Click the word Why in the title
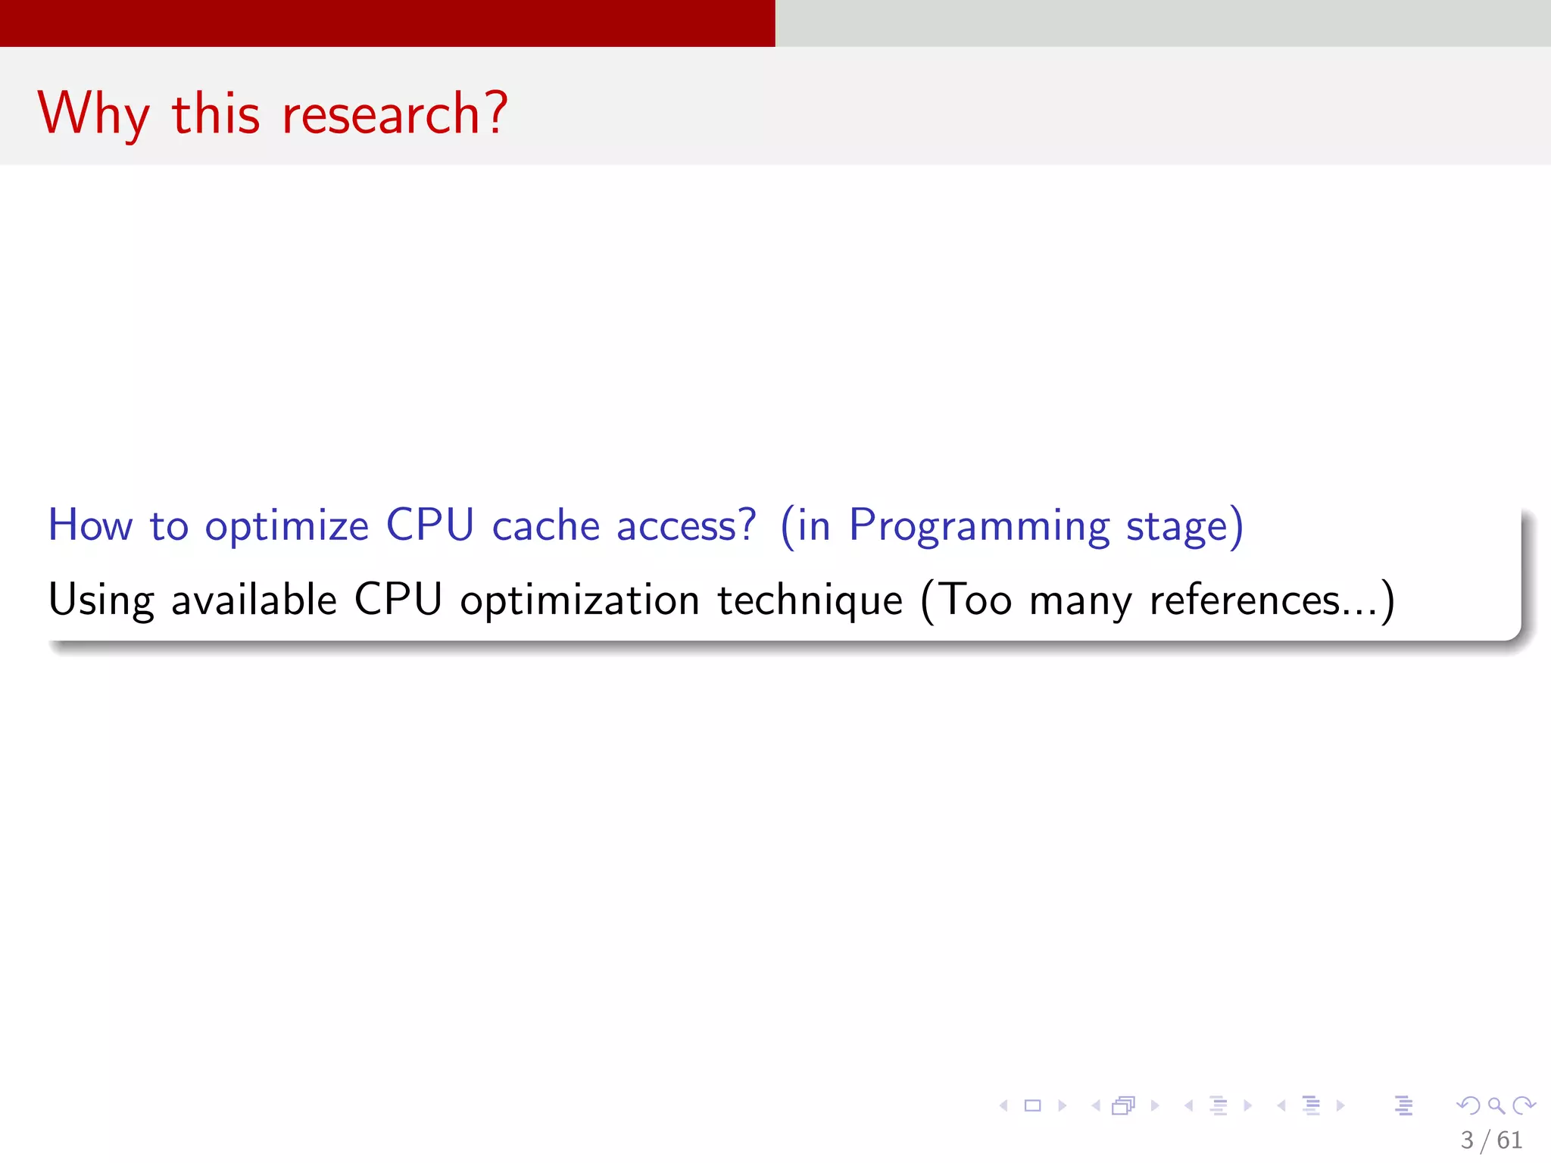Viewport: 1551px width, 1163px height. (92, 114)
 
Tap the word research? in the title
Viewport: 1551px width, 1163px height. (394, 114)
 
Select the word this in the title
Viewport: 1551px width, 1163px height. (216, 114)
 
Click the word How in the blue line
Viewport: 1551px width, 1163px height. (90, 525)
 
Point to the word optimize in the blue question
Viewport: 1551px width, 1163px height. (286, 526)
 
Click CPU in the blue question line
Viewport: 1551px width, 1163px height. (429, 525)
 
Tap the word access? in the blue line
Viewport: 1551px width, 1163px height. (686, 526)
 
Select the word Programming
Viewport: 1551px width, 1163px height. (978, 526)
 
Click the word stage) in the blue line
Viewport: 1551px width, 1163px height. (1184, 526)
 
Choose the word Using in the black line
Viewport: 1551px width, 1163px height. (101, 600)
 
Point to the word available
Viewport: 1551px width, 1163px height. (254, 600)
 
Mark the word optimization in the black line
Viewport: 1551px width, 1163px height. (579, 600)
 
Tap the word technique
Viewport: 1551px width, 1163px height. (810, 600)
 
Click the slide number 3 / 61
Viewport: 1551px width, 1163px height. (1490, 1140)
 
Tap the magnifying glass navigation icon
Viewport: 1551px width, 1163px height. (1496, 1105)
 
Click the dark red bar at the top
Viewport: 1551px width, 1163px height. (387, 23)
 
